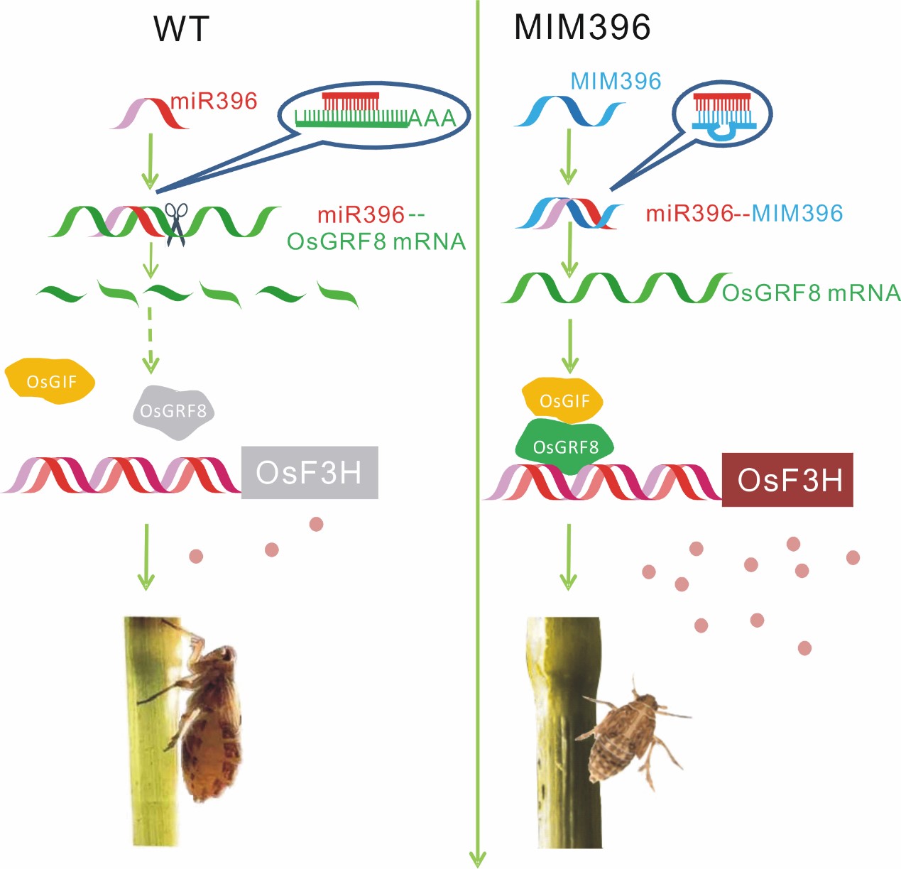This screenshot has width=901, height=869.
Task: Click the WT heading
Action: pyautogui.click(x=182, y=29)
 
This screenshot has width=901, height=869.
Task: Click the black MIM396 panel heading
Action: pyautogui.click(x=581, y=28)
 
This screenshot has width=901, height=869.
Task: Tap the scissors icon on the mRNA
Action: pyautogui.click(x=176, y=224)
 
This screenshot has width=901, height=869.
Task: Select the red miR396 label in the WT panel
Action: pyautogui.click(x=214, y=101)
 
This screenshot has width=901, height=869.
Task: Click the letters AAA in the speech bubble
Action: pyautogui.click(x=431, y=118)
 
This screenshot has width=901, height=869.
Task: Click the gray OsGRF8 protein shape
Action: pyautogui.click(x=173, y=411)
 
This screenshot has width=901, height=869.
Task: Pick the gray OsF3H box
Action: pyautogui.click(x=309, y=473)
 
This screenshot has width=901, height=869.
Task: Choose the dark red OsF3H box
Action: pyautogui.click(x=787, y=480)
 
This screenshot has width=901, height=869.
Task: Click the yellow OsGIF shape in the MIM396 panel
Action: pyautogui.click(x=564, y=401)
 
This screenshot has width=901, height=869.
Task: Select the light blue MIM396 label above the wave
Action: pyautogui.click(x=616, y=81)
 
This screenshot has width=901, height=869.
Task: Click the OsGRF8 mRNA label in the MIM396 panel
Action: pyautogui.click(x=811, y=293)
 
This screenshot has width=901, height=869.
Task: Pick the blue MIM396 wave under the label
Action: pyautogui.click(x=568, y=113)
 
